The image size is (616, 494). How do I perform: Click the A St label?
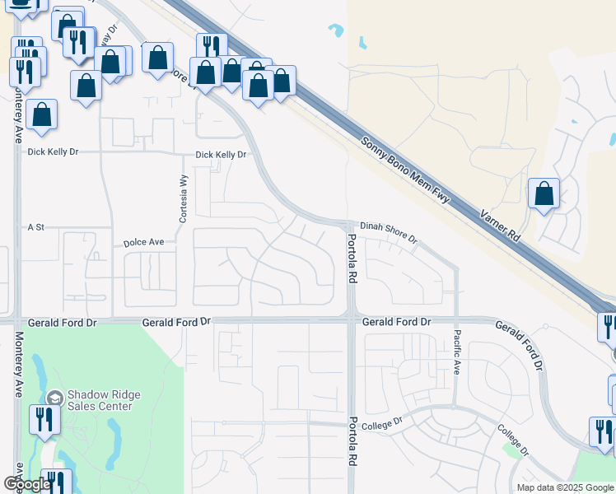(35, 226)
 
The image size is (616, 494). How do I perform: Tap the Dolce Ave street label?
(144, 243)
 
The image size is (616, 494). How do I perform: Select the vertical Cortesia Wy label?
(184, 199)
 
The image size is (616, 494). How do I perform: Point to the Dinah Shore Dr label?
(389, 232)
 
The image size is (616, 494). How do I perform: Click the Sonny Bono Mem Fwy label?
(408, 175)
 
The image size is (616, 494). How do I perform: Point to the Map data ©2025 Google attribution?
(565, 487)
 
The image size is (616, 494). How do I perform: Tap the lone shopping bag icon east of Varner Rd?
(544, 195)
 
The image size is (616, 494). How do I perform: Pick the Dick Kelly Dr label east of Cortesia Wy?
(221, 155)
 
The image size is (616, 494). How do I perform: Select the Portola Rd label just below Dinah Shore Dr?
(352, 259)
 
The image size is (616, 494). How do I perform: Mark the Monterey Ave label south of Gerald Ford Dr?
(17, 364)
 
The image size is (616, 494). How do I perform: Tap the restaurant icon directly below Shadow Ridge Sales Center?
(41, 420)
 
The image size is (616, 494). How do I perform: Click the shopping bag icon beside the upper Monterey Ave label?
(41, 114)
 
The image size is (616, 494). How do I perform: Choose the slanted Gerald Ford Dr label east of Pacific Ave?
(521, 344)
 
